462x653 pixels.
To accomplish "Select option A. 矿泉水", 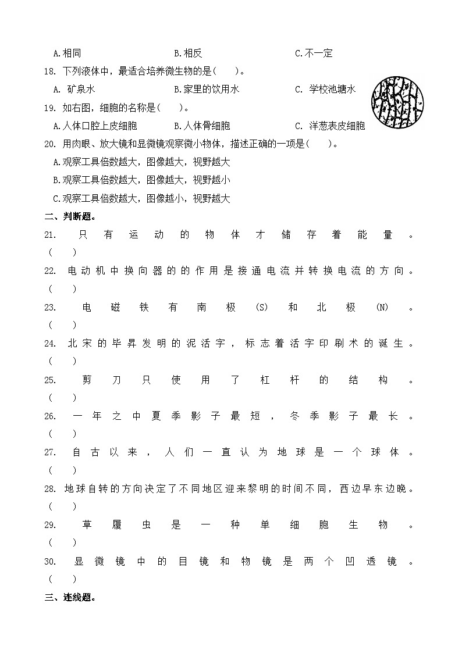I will click(74, 89).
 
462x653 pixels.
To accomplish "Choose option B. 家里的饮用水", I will click(207, 89).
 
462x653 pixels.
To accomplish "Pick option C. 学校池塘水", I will click(325, 89).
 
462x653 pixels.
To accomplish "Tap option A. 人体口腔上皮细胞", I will click(95, 126).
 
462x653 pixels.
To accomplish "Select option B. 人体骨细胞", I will click(202, 126).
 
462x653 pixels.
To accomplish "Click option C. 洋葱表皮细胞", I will click(330, 126).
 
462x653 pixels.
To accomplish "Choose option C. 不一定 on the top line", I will click(314, 53).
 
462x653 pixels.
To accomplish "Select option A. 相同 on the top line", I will click(67, 53).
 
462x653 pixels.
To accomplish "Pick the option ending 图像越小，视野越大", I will click(141, 198).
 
